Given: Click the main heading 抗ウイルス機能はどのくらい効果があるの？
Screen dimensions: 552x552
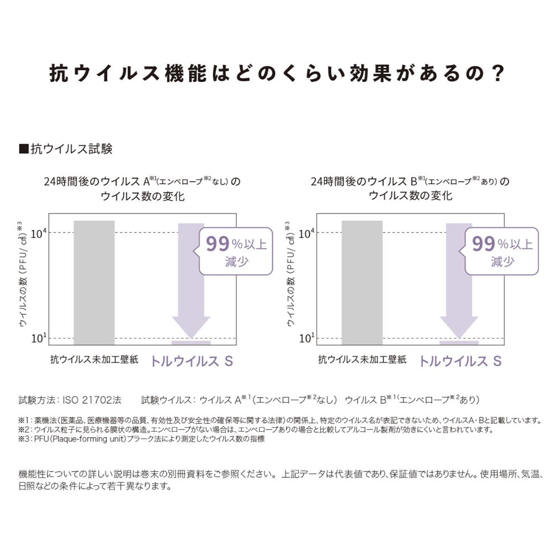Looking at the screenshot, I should click(276, 73).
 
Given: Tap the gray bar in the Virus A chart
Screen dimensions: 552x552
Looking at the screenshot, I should click(94, 282).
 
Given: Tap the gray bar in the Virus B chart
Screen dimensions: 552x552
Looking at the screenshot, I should click(362, 282).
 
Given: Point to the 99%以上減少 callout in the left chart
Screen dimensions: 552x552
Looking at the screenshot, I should click(235, 251).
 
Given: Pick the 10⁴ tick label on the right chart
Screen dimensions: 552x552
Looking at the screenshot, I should click(307, 233).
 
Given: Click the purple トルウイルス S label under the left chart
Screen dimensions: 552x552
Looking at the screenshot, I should click(192, 362).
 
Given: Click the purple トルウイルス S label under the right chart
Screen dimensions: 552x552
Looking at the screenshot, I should click(460, 362).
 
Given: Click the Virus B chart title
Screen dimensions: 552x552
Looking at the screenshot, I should click(410, 188).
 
